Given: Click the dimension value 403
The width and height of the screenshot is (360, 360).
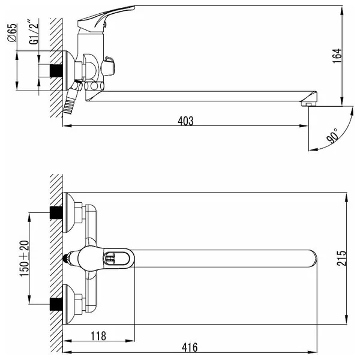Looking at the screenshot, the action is click(185, 121).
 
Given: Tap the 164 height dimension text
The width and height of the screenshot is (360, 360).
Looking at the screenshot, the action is click(337, 56).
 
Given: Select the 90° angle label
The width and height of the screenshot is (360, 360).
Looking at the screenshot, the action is click(333, 136).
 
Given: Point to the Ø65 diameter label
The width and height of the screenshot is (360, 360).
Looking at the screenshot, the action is click(13, 33).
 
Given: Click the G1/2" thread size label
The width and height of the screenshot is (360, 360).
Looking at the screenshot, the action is click(34, 32).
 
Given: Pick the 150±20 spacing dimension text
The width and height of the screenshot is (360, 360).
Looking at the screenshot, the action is click(25, 258).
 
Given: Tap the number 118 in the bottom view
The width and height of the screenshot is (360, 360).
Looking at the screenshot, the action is click(98, 336).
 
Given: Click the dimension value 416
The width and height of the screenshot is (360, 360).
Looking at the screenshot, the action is click(190, 347).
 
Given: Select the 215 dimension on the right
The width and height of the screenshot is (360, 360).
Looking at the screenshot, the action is click(341, 258).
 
